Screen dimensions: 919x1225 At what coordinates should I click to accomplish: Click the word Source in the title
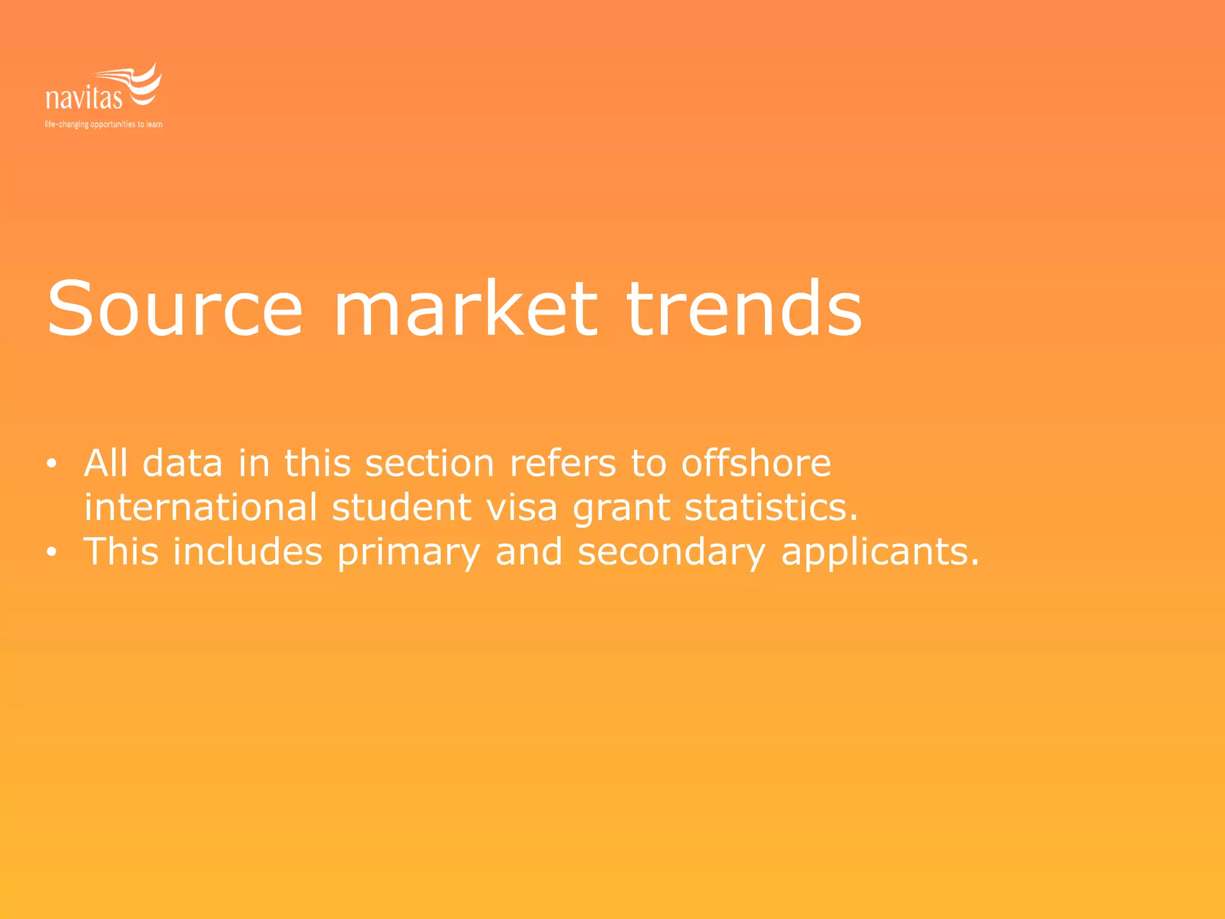[175, 309]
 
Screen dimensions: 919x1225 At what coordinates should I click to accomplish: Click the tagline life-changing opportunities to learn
[103, 124]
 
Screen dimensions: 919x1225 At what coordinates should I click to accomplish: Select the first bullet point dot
[52, 464]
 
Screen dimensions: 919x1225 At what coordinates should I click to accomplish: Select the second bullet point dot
[52, 552]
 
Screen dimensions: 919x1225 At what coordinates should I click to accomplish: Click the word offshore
[756, 463]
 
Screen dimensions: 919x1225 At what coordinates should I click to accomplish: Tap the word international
[200, 507]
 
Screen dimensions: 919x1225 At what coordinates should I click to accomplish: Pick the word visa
[522, 507]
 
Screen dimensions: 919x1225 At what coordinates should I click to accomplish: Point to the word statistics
[771, 507]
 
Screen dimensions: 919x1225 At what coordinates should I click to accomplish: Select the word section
[429, 463]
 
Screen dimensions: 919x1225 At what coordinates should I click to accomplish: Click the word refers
[562, 463]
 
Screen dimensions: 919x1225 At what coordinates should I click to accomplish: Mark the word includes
[248, 552]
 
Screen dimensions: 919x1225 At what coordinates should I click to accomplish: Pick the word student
[401, 507]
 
